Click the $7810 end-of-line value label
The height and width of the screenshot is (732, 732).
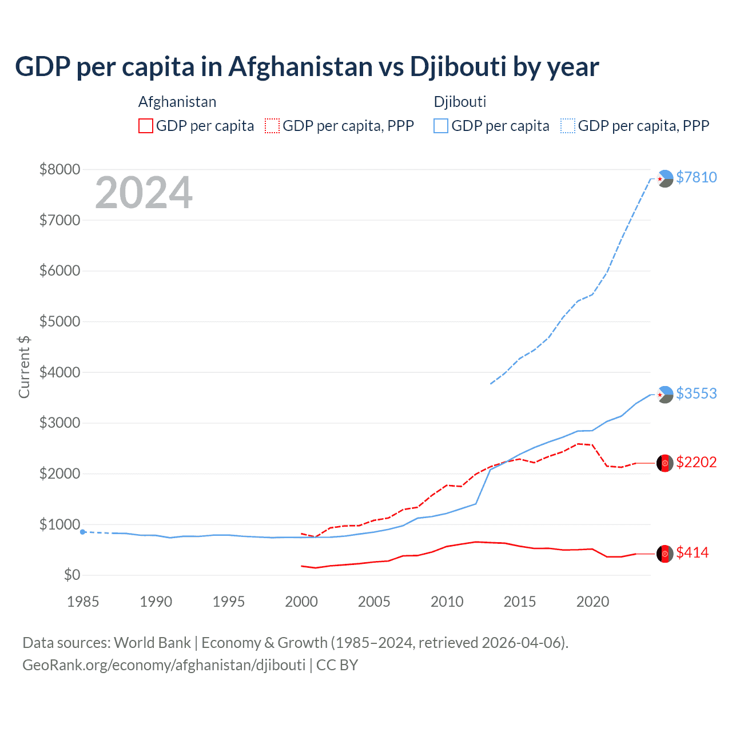click(696, 177)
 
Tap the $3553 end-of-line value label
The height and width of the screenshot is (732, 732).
click(696, 393)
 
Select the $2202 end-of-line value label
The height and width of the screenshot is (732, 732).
click(696, 462)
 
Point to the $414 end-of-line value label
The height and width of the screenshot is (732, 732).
click(692, 552)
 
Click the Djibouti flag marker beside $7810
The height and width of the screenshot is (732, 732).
click(665, 178)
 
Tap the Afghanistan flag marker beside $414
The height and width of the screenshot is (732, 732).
click(665, 554)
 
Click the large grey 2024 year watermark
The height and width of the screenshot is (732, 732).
click(144, 193)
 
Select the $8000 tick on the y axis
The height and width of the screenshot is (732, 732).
click(59, 169)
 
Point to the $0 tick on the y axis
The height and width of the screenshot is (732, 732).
click(71, 575)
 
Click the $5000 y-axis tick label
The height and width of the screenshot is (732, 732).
click(59, 321)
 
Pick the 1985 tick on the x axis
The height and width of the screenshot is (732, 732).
click(83, 602)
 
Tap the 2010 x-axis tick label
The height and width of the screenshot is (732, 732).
click(447, 602)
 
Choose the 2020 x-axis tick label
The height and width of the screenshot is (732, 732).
click(592, 602)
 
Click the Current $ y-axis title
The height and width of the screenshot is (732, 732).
click(24, 367)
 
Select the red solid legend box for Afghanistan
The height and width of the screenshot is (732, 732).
click(146, 126)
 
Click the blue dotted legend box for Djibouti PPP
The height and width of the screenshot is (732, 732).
click(568, 126)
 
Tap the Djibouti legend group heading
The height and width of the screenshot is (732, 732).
click(460, 102)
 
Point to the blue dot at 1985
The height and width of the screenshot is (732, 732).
click(83, 532)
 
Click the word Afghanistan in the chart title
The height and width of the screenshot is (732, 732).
click(301, 66)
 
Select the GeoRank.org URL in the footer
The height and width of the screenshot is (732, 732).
click(164, 665)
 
